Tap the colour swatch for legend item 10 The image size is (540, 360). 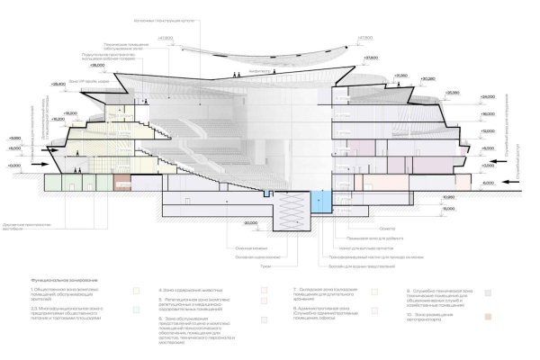pyautogui.click(x=486, y=317)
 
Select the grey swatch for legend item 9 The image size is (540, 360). pyautogui.click(x=486, y=292)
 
